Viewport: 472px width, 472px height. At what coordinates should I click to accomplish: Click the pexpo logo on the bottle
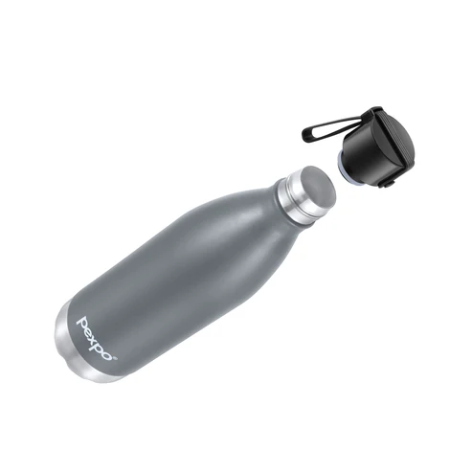97,339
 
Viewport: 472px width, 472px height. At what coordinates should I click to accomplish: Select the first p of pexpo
82,323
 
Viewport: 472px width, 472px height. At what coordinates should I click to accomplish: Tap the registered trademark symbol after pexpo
116,358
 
